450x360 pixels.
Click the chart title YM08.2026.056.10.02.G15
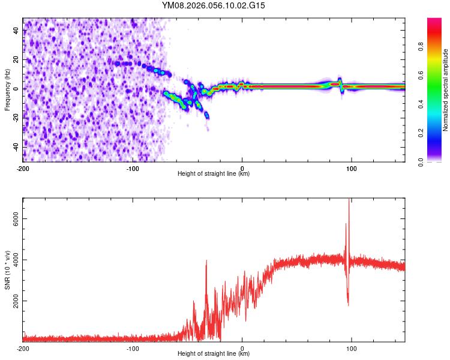click(x=214, y=5)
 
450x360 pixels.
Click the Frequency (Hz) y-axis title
click(x=7, y=90)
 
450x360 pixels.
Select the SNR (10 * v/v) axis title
click(x=7, y=270)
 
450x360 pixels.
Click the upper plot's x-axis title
click(x=214, y=173)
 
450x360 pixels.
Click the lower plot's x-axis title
click(x=214, y=353)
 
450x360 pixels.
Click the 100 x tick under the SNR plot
click(x=352, y=348)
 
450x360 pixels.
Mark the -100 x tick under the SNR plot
click(x=133, y=348)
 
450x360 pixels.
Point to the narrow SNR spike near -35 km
click(x=206, y=262)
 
